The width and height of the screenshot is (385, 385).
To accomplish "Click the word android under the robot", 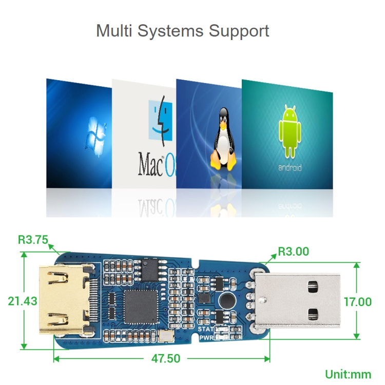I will [x=290, y=168].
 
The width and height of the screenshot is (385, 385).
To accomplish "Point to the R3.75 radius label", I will [x=33, y=239].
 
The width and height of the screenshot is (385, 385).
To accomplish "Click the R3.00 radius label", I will [x=294, y=252].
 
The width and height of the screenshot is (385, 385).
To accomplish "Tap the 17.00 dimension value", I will [x=357, y=301].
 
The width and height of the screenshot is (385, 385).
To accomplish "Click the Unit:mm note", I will [x=347, y=374].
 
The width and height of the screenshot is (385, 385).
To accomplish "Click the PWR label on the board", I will [x=206, y=337].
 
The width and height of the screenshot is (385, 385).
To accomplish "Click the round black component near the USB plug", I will [x=226, y=301].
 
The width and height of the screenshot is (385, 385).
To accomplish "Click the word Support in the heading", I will [x=239, y=31].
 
